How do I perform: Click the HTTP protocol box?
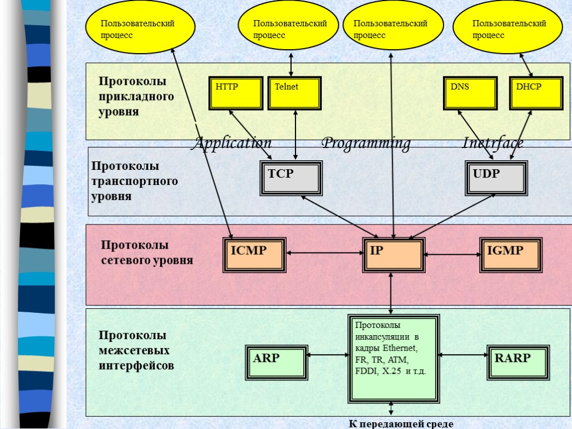click(236, 93)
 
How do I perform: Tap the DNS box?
click(470, 93)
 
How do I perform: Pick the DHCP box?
click(535, 93)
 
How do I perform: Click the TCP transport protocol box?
click(291, 178)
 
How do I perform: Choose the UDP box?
click(496, 178)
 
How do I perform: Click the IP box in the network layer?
click(393, 255)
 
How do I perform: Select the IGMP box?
click(511, 255)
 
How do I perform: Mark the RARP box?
click(517, 362)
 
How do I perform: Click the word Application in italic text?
click(231, 144)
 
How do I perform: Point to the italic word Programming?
click(366, 144)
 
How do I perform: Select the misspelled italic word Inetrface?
click(493, 144)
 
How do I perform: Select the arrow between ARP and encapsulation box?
click(327, 354)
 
